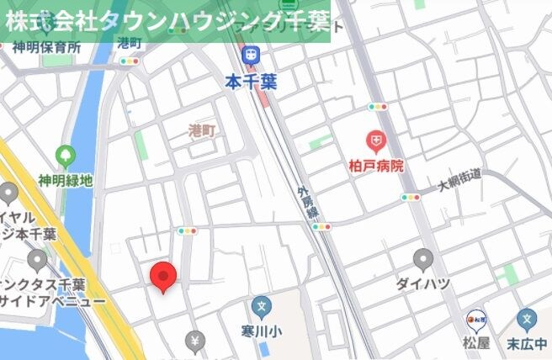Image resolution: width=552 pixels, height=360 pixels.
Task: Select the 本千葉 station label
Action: (x=251, y=81)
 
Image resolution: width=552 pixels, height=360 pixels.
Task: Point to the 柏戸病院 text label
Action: (x=375, y=166)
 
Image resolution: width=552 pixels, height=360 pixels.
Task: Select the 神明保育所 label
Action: (x=47, y=47)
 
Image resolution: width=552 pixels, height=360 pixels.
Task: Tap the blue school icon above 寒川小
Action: (x=262, y=307)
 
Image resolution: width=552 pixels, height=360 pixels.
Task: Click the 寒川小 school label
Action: (x=262, y=331)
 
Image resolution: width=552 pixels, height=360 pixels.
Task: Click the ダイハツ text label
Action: (x=424, y=283)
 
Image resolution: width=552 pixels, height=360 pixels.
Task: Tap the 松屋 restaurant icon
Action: (x=476, y=320)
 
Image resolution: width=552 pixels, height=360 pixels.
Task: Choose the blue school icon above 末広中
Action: (x=528, y=320)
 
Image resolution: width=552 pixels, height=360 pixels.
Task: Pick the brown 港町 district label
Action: (x=202, y=130)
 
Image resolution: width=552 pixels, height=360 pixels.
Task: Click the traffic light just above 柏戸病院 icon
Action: (x=377, y=108)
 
